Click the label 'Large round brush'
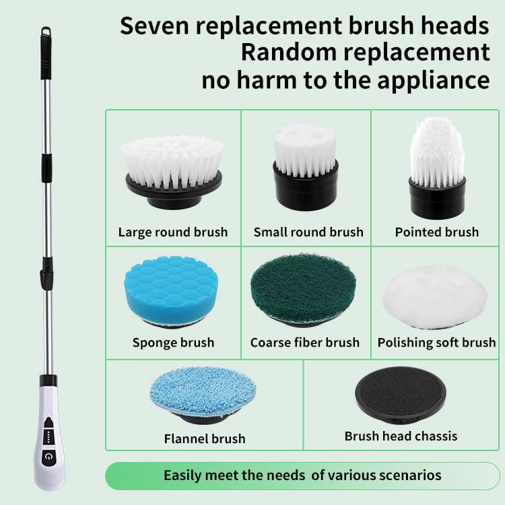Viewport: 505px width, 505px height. [173, 232]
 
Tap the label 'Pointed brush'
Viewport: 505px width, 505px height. [437, 232]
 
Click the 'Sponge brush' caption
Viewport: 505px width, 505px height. [173, 343]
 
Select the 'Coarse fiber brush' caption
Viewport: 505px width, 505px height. [305, 343]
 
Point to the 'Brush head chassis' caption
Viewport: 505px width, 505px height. [401, 436]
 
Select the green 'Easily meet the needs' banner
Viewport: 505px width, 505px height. [302, 475]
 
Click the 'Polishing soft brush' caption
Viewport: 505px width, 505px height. [436, 343]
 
